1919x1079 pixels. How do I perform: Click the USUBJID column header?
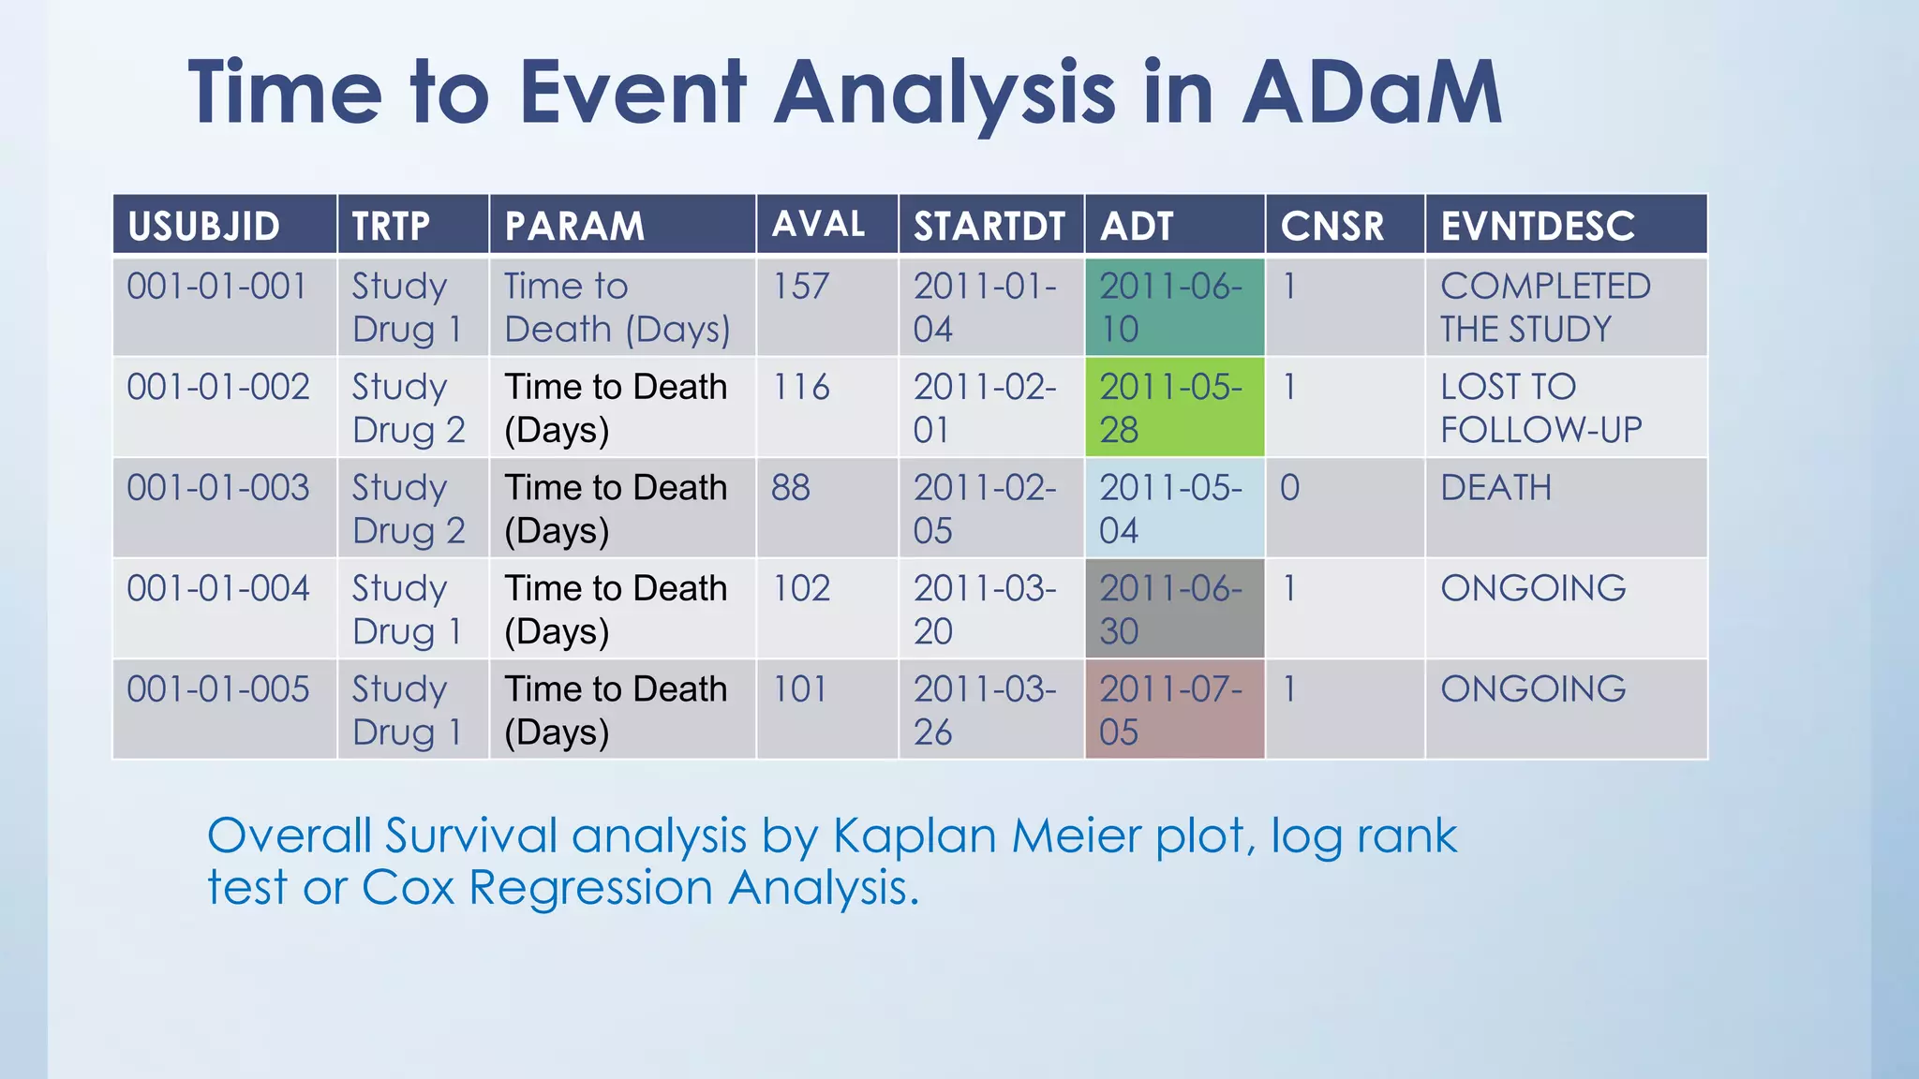[204, 226]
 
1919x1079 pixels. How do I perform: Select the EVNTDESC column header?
[1537, 226]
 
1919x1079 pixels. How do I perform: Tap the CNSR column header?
[1331, 226]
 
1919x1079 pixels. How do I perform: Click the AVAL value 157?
[801, 287]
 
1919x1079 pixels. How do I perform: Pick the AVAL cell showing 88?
[792, 488]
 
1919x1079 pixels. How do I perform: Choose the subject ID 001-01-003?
[217, 488]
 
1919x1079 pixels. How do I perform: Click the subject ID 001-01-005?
[217, 689]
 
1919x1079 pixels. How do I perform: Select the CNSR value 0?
[1289, 488]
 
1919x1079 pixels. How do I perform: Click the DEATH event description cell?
[1495, 488]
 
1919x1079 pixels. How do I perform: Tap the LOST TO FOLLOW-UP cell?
[1540, 407]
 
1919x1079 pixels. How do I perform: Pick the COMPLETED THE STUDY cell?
[1545, 307]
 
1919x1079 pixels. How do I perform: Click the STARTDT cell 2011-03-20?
[984, 609]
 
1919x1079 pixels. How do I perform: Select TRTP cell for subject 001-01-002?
[409, 407]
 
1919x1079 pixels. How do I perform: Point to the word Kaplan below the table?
[913, 835]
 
